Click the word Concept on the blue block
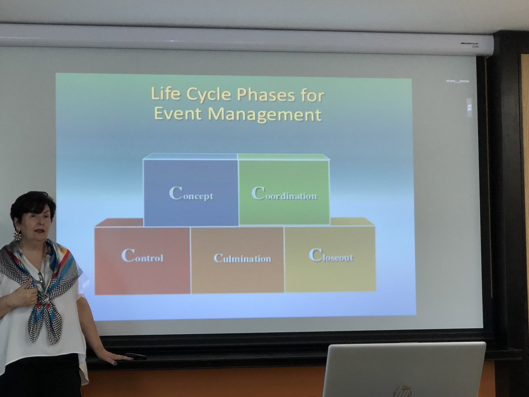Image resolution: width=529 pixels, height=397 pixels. click(x=191, y=194)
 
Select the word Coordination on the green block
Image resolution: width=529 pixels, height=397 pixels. click(x=284, y=194)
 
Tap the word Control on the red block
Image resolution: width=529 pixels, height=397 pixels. click(x=142, y=256)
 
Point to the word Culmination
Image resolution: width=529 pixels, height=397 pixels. click(x=242, y=258)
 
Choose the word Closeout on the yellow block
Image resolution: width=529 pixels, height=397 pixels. click(x=331, y=256)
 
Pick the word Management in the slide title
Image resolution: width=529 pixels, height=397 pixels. click(x=264, y=114)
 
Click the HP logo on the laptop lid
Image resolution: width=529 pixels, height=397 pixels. click(x=402, y=391)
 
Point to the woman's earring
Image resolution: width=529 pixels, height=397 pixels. click(x=18, y=236)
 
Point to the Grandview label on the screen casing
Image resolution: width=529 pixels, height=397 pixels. click(x=470, y=44)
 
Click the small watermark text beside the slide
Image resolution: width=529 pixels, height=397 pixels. click(x=457, y=81)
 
